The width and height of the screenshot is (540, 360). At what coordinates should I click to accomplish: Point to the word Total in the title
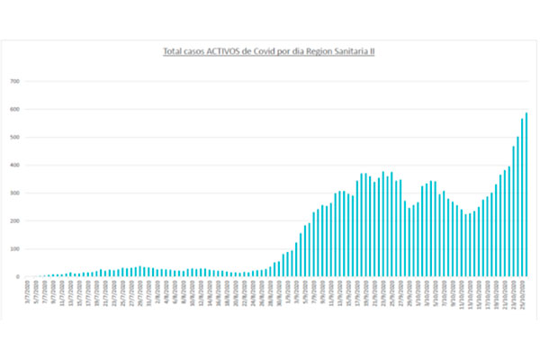(x=174, y=52)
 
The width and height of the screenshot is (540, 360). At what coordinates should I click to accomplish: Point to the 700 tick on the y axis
(x=15, y=82)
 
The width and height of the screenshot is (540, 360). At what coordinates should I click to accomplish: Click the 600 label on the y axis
(x=15, y=110)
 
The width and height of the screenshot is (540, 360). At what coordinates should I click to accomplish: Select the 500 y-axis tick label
(x=15, y=138)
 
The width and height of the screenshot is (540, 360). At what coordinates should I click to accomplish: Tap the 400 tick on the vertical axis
(x=15, y=166)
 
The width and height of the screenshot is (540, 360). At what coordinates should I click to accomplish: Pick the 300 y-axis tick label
(x=15, y=193)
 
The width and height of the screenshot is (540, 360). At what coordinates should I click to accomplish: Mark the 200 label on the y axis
(x=15, y=221)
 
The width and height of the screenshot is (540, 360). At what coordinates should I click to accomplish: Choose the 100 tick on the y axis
(x=15, y=249)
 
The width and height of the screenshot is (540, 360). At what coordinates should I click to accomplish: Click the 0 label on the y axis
(x=18, y=277)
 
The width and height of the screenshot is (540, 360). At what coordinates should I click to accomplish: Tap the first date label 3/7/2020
(x=29, y=292)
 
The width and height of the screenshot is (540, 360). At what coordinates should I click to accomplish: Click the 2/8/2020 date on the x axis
(x=157, y=292)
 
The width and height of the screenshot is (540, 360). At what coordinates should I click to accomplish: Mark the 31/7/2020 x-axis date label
(x=148, y=292)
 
